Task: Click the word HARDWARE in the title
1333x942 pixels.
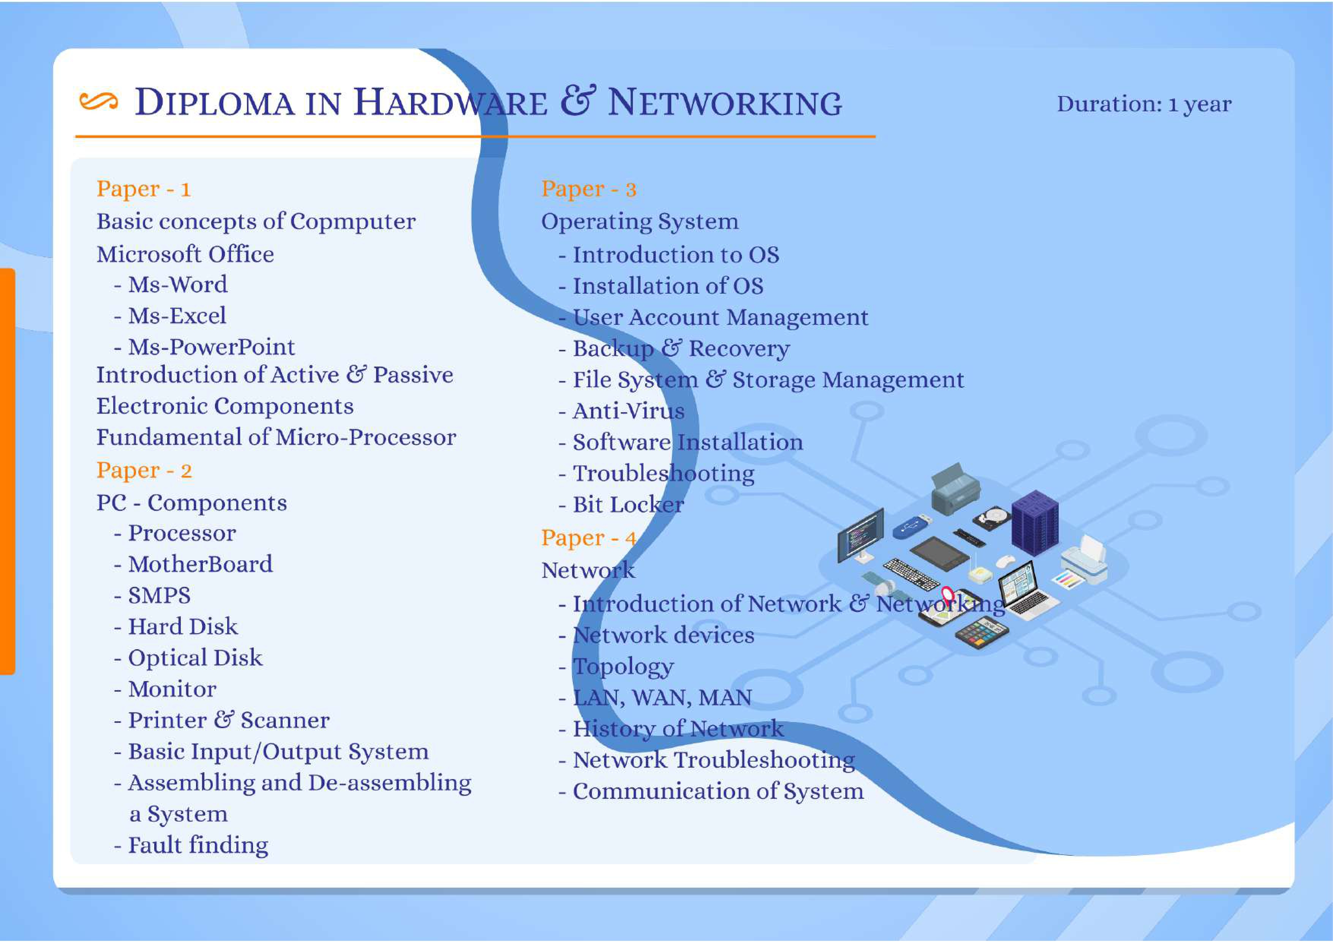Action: click(451, 103)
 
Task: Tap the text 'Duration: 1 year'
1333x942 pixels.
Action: click(1144, 104)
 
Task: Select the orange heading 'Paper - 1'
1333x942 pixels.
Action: click(143, 189)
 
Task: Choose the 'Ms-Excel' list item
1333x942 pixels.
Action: click(177, 316)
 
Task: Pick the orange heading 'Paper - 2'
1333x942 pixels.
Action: click(144, 471)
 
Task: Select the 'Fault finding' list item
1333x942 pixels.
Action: click(198, 846)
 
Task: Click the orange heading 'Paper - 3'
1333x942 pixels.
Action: click(589, 189)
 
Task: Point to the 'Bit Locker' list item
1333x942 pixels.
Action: click(628, 505)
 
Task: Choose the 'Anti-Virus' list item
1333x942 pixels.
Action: click(628, 411)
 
